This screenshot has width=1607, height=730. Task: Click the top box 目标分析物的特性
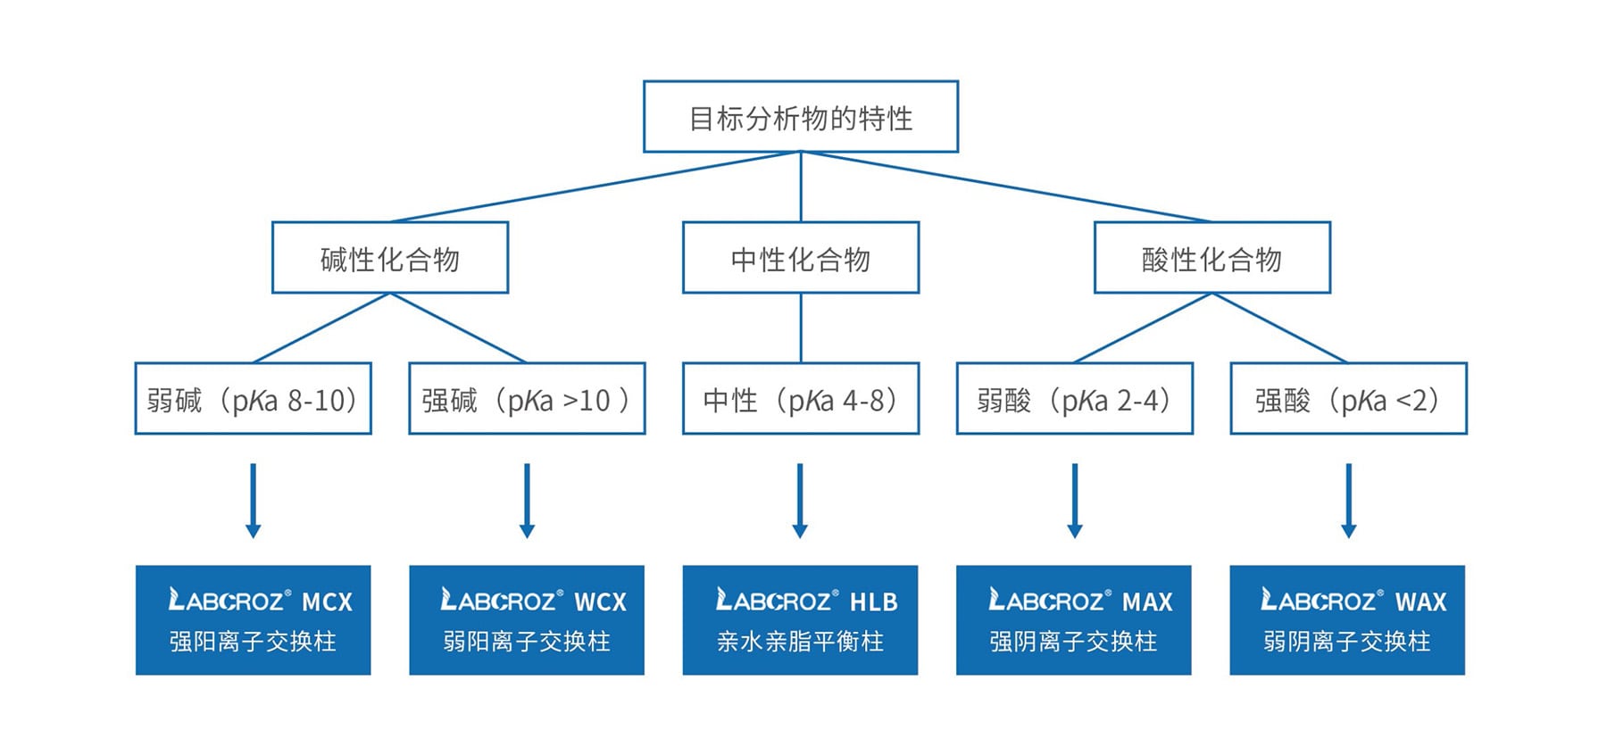point(801,117)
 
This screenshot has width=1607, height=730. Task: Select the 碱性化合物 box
point(390,258)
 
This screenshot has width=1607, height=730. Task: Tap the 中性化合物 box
point(801,258)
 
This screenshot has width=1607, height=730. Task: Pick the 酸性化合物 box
point(1211,258)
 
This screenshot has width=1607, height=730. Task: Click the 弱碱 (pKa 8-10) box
point(253,399)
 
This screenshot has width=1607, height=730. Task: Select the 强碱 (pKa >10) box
point(527,399)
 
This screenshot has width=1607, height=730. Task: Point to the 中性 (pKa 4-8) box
point(801,399)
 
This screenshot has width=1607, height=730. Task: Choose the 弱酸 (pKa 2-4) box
point(1074,399)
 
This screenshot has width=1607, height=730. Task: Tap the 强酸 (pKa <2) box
point(1348,399)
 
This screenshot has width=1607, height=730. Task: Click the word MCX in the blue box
point(327,602)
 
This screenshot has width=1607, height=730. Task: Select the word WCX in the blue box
point(600,602)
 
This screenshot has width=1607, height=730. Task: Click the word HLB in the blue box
point(873,602)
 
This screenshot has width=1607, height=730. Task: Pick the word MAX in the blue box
point(1147,602)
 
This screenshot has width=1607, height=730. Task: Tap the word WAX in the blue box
point(1420,602)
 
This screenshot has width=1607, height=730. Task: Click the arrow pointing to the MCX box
point(253,500)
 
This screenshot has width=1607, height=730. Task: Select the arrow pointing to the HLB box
point(800,500)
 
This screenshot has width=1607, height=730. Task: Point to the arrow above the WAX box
point(1348,500)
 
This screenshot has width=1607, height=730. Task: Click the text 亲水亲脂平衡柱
point(800,642)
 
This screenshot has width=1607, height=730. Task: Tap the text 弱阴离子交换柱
point(1346,642)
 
